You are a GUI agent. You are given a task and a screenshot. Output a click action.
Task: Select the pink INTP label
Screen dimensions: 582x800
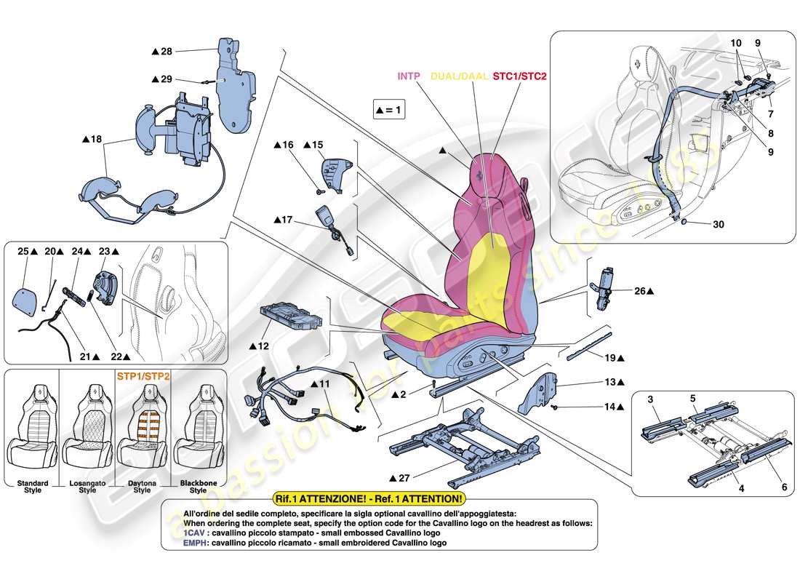point(412,75)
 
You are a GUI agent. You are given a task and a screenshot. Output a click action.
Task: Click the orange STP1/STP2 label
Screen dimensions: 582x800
point(143,377)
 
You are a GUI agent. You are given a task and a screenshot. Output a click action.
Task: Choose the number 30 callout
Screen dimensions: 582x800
point(718,225)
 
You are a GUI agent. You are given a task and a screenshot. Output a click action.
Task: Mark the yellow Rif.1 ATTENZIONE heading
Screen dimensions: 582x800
point(367,498)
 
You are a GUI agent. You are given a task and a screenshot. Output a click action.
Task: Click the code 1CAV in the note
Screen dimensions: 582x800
point(173,533)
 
